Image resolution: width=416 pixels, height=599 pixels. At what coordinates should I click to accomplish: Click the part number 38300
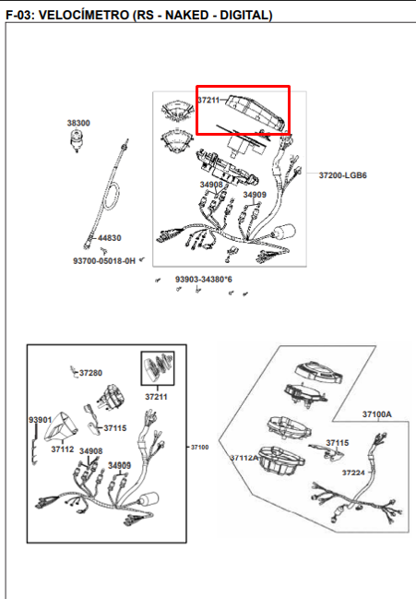click(x=78, y=123)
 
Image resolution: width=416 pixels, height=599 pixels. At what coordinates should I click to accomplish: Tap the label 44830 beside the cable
click(x=110, y=238)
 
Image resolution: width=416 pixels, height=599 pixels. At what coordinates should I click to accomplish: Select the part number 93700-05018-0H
click(x=104, y=261)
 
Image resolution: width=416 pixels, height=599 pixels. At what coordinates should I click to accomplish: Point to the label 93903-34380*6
click(x=204, y=280)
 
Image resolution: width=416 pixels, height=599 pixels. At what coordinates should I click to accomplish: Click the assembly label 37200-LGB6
click(x=343, y=175)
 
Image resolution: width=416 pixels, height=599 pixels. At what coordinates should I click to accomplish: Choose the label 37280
click(x=90, y=373)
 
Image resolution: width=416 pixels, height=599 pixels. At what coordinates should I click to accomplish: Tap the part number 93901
click(x=40, y=420)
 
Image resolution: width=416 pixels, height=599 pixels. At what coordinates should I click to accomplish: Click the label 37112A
click(x=244, y=458)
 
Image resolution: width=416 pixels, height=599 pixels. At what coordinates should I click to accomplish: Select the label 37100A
click(x=376, y=414)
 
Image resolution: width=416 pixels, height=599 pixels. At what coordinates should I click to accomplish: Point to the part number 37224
click(x=353, y=473)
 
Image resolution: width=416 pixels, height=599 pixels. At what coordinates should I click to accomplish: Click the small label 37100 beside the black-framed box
click(x=199, y=447)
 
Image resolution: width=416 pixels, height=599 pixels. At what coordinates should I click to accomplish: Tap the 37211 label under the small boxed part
click(x=156, y=397)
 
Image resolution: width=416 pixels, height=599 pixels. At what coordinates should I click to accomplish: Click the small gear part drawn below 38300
click(x=77, y=140)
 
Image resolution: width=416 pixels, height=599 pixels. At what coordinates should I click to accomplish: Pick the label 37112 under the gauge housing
click(x=63, y=449)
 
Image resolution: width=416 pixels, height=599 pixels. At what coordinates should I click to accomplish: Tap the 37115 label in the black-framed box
click(x=115, y=428)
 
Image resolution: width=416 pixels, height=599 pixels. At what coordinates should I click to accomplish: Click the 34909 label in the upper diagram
click(x=255, y=195)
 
